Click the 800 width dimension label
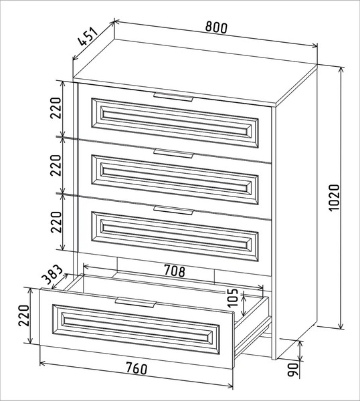216,27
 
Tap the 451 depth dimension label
88,36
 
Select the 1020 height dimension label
334,197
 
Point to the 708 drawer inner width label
174,271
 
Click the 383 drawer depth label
52,275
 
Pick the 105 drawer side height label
232,298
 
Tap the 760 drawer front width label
137,368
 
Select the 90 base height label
293,370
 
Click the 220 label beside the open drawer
24,315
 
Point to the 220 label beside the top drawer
56,108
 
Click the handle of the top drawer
173,97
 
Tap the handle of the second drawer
173,154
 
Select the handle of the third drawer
173,210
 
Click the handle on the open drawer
135,302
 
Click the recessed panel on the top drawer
175,123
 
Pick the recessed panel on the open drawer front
136,329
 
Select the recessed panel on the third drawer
175,237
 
